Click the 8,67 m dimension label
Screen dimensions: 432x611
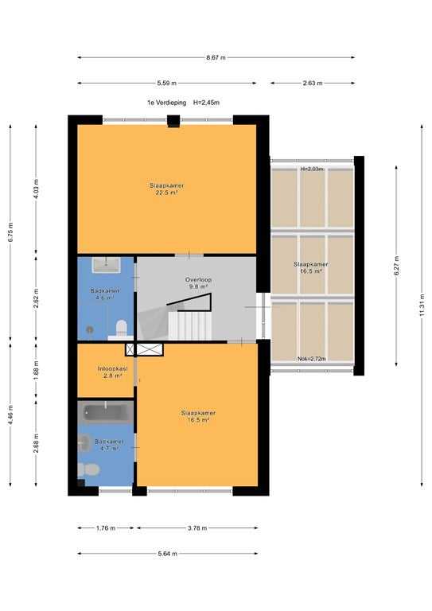[216, 57]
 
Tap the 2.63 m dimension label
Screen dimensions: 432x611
[313, 83]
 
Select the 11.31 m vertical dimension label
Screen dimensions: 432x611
[422, 305]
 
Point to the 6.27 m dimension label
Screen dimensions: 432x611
[396, 266]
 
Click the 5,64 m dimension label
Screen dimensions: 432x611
[168, 554]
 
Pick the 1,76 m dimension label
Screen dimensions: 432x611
[106, 528]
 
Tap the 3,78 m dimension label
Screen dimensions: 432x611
[197, 528]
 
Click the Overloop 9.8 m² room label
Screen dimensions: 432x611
[198, 283]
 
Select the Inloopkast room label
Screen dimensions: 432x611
[113, 368]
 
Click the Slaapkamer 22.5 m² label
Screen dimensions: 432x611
[167, 189]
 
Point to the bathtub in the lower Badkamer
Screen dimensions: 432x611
[106, 412]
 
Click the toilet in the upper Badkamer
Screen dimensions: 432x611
[122, 329]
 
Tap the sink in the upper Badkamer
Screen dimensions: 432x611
[106, 265]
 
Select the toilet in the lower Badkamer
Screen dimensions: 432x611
[89, 469]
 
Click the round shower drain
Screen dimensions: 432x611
[90, 329]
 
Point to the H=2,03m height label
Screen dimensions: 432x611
[312, 169]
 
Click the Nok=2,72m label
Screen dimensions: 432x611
[311, 359]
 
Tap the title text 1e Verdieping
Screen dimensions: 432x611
[166, 103]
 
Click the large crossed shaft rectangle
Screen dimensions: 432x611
[150, 349]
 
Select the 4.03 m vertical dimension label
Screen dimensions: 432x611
[36, 189]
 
